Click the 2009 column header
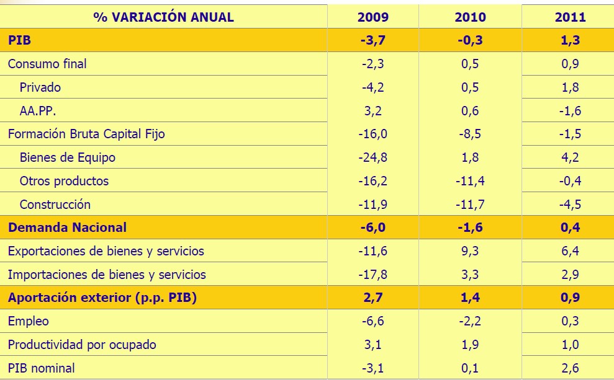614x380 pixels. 373,17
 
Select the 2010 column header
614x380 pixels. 470,17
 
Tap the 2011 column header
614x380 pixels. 570,17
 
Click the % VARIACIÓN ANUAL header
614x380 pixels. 164,17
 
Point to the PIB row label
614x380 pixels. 20,40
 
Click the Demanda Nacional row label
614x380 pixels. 67,228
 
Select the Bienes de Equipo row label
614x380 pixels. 68,157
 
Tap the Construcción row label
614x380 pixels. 55,205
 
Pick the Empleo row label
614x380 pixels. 29,321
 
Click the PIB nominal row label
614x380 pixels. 41,368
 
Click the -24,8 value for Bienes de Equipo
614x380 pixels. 373,157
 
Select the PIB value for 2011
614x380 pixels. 570,40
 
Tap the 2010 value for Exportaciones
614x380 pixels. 470,251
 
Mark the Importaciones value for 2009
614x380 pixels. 373,275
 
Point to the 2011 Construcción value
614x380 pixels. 570,205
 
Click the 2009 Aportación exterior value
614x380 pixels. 373,298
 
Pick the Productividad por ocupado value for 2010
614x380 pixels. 470,345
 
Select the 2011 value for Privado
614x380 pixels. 570,87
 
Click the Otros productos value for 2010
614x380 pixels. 470,181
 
